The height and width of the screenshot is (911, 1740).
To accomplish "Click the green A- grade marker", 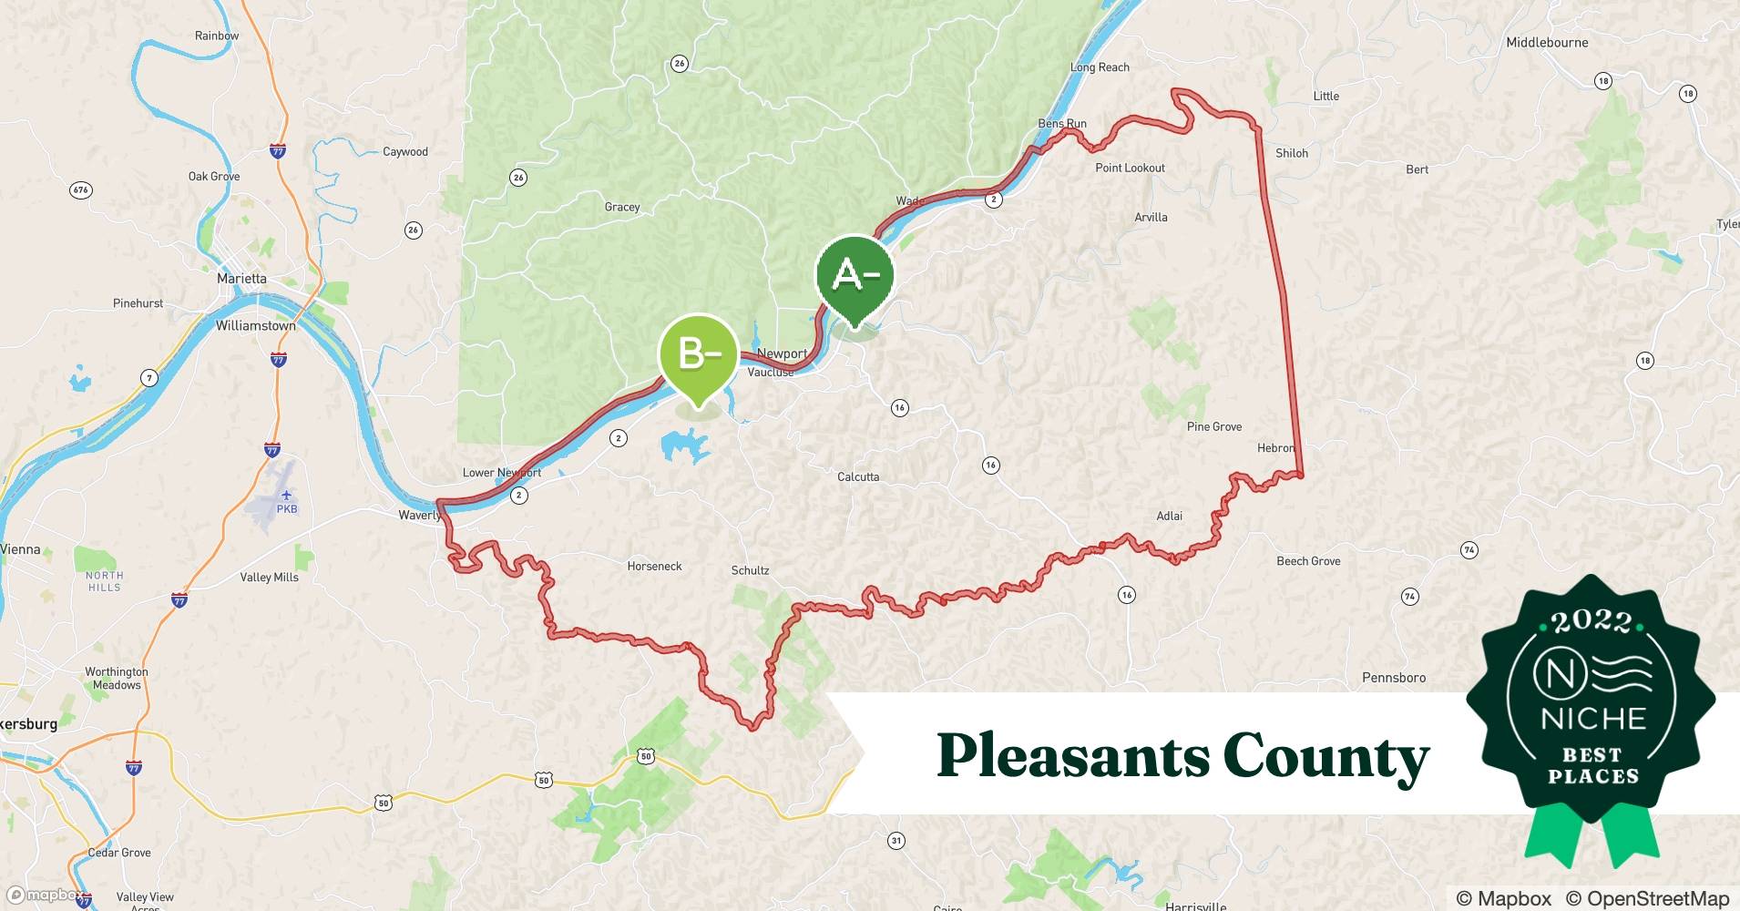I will (855, 274).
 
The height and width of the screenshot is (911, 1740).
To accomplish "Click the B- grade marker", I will (698, 353).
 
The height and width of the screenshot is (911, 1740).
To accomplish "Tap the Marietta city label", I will (241, 279).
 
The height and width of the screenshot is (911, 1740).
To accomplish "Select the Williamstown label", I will (255, 325).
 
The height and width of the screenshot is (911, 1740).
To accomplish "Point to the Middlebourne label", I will (1546, 43).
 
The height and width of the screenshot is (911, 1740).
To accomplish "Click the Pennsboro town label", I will (1393, 678).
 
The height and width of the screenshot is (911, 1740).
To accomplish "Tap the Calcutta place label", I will (858, 476).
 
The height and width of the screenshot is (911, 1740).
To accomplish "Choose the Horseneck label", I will (654, 567).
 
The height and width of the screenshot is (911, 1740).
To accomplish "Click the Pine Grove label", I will (1213, 426).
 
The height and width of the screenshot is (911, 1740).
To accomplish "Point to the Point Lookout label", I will (1130, 168).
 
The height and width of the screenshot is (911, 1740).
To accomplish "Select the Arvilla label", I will (1151, 218).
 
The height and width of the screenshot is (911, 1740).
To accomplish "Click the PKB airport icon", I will (287, 496).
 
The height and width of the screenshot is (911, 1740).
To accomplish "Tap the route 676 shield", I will (80, 190).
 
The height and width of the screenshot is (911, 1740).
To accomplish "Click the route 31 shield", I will (896, 841).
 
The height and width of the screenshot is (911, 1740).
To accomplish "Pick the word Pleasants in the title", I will (1072, 756).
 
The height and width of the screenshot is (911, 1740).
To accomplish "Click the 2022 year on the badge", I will (1592, 622).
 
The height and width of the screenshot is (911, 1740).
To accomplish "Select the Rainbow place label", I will (217, 36).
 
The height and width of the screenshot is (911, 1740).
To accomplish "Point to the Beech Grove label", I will (1308, 561).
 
